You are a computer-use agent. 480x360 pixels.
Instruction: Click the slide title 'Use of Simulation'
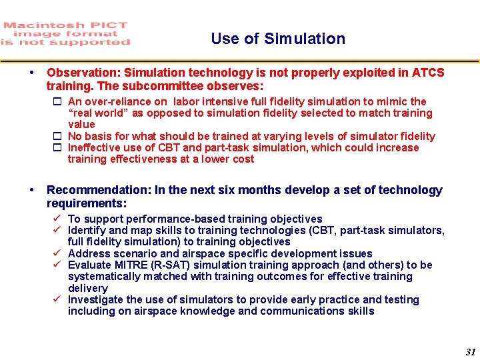pyautogui.click(x=278, y=39)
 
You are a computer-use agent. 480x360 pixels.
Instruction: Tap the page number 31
pyautogui.click(x=471, y=352)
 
